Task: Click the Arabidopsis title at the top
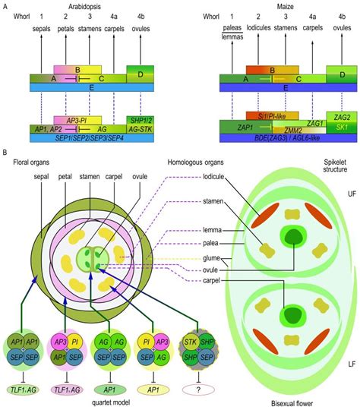(87, 5)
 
